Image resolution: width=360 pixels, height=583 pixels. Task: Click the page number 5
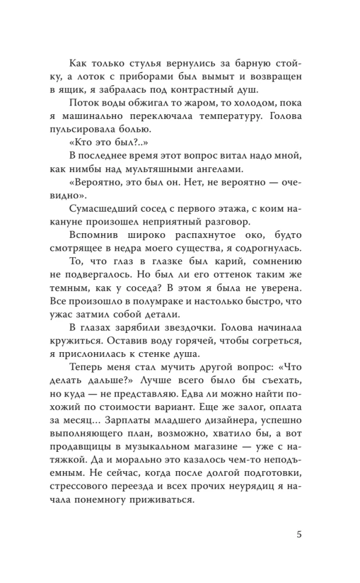[298, 535]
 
